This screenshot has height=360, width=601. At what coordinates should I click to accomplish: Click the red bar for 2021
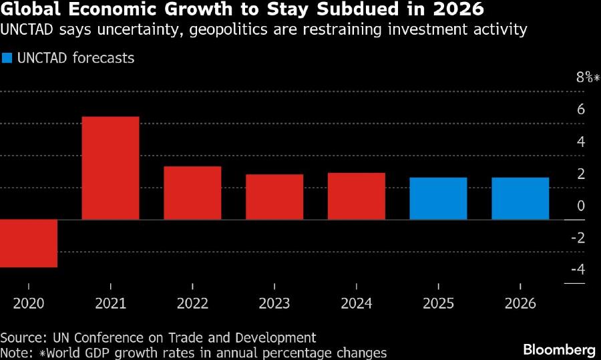coord(110,168)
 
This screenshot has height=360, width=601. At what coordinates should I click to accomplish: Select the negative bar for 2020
coord(29,243)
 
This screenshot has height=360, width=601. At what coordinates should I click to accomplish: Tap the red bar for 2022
coord(192,192)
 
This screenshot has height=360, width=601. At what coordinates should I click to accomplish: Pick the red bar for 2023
coord(274,196)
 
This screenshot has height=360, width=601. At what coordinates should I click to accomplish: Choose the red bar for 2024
coord(356,196)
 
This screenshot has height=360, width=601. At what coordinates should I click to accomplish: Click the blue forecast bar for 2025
coord(438,198)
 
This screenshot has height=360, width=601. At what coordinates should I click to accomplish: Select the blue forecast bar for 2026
coord(520,198)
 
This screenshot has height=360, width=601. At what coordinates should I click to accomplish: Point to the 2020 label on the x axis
coord(29,303)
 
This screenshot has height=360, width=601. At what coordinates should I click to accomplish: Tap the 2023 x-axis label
coord(274,303)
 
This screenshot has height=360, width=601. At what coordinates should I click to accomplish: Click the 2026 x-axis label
coord(520,303)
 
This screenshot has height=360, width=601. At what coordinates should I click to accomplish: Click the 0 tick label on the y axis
coord(580,206)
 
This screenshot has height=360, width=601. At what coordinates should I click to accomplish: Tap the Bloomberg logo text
coord(559,349)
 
